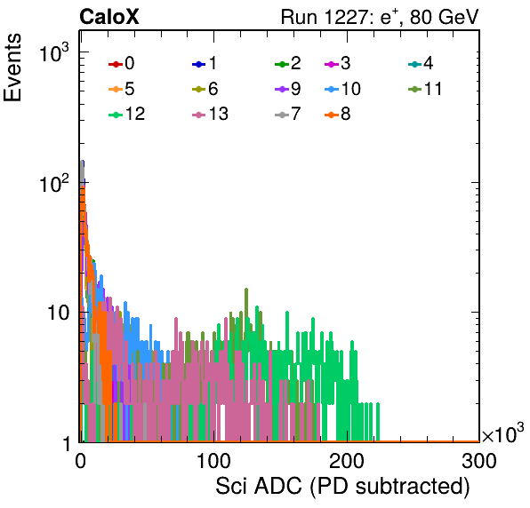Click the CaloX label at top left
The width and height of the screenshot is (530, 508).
[109, 17]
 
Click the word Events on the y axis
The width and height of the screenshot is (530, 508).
[12, 67]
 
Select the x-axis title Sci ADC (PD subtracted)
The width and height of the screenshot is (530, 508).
[342, 487]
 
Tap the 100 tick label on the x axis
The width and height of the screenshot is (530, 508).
[213, 461]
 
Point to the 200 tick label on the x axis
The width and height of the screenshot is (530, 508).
[347, 461]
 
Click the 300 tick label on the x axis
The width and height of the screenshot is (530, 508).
[479, 461]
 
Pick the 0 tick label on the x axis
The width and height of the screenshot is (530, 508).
[80, 461]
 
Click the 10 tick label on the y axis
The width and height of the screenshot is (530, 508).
[58, 314]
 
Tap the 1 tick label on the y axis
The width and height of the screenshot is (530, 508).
[67, 443]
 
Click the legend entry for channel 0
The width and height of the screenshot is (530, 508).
[121, 63]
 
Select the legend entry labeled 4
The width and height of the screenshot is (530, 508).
[421, 63]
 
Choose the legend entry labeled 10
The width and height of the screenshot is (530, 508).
[342, 89]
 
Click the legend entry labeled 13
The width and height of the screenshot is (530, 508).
[210, 115]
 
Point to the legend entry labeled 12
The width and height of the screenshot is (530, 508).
[127, 115]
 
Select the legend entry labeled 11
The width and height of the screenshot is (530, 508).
[425, 89]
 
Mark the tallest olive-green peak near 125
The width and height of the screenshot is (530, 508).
[246, 290]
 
